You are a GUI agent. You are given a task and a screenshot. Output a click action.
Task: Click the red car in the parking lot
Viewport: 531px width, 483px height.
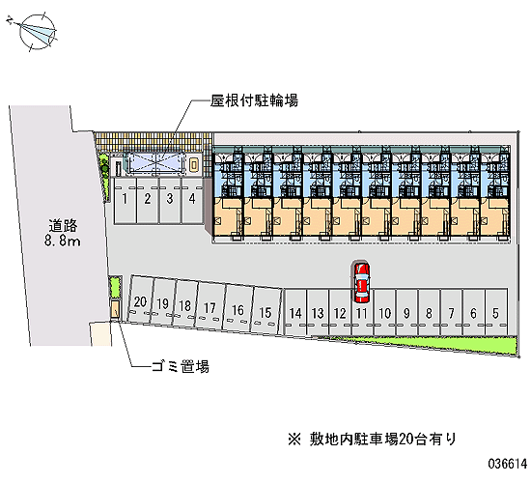[362, 282]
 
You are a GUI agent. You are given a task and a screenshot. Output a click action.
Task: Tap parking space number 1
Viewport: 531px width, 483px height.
[125, 201]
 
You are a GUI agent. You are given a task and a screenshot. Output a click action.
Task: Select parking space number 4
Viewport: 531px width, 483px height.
[192, 201]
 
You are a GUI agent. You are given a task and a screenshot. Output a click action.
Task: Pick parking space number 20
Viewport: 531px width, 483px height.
[140, 299]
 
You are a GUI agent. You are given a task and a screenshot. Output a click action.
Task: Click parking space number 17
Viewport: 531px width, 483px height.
[210, 305]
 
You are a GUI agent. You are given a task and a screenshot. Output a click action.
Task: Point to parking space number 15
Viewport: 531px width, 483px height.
[265, 310]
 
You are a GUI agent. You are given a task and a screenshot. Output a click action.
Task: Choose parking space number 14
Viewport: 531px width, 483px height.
[295, 313]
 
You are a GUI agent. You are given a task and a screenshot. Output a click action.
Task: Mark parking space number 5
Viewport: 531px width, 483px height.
[496, 313]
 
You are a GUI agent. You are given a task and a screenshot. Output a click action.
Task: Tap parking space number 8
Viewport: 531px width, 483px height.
[429, 313]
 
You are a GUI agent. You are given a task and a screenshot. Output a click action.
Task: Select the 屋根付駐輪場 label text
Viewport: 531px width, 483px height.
[254, 100]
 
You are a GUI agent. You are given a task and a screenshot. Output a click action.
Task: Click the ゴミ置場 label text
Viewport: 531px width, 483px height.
[181, 366]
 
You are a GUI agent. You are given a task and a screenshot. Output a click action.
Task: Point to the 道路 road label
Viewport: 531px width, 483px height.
[63, 225]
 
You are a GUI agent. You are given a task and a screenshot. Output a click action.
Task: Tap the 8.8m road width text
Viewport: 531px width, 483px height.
[63, 241]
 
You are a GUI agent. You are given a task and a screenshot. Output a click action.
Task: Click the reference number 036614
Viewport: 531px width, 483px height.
[508, 463]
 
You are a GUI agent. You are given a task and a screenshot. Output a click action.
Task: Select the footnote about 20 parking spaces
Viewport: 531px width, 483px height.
[372, 440]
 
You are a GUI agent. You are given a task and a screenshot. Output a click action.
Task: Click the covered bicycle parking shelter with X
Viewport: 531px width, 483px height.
[156, 163]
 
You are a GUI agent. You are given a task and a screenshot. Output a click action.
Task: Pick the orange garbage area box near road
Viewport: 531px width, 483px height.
[115, 309]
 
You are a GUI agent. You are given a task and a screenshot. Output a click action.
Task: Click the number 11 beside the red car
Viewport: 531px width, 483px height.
[362, 314]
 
